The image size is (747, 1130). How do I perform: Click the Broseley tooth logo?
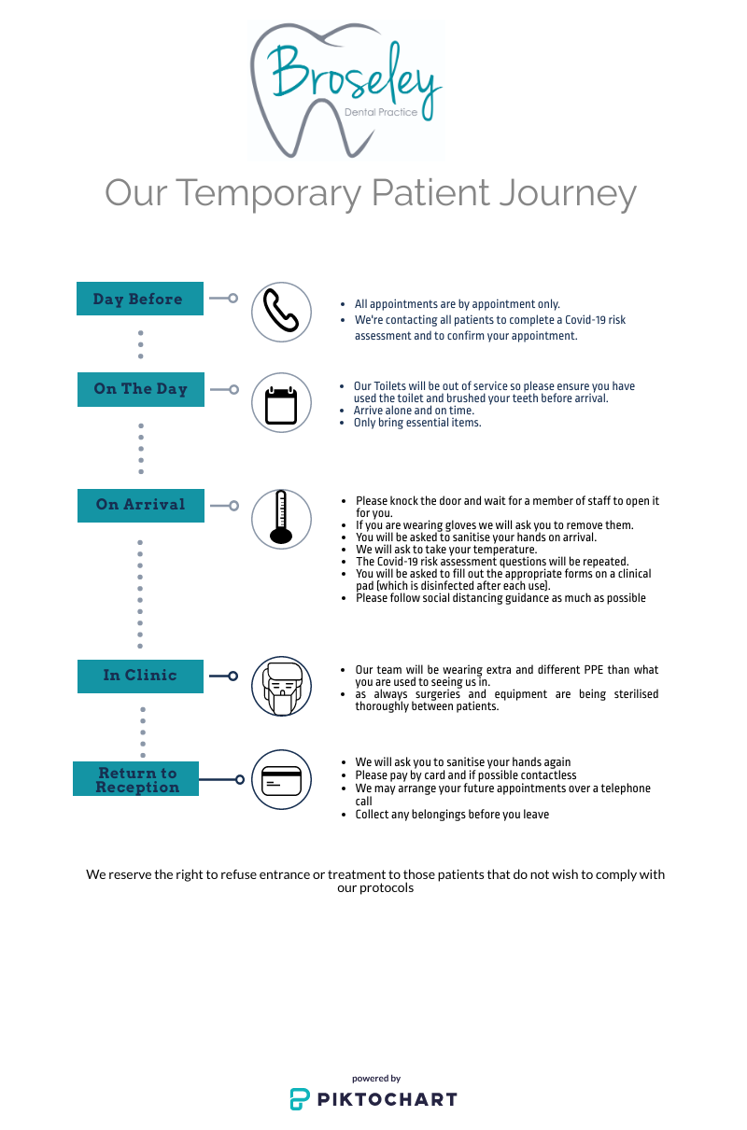345,91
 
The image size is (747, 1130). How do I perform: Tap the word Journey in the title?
568,194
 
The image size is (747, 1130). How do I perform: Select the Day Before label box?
140,299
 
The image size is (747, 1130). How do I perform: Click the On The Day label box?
141,389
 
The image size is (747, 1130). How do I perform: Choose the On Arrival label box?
141,506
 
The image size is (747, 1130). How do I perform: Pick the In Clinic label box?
140,676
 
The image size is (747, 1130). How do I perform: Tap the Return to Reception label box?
135,779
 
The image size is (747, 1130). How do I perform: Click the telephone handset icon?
281,311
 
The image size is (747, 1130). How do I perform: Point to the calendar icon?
281,405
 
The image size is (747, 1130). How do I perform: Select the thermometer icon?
281,517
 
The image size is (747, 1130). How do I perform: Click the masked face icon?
282,687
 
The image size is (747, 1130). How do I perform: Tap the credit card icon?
281,781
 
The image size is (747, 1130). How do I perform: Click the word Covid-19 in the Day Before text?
584,320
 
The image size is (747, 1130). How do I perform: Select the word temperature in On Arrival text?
505,550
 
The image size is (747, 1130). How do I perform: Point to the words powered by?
376,1079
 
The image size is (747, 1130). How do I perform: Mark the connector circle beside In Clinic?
233,676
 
